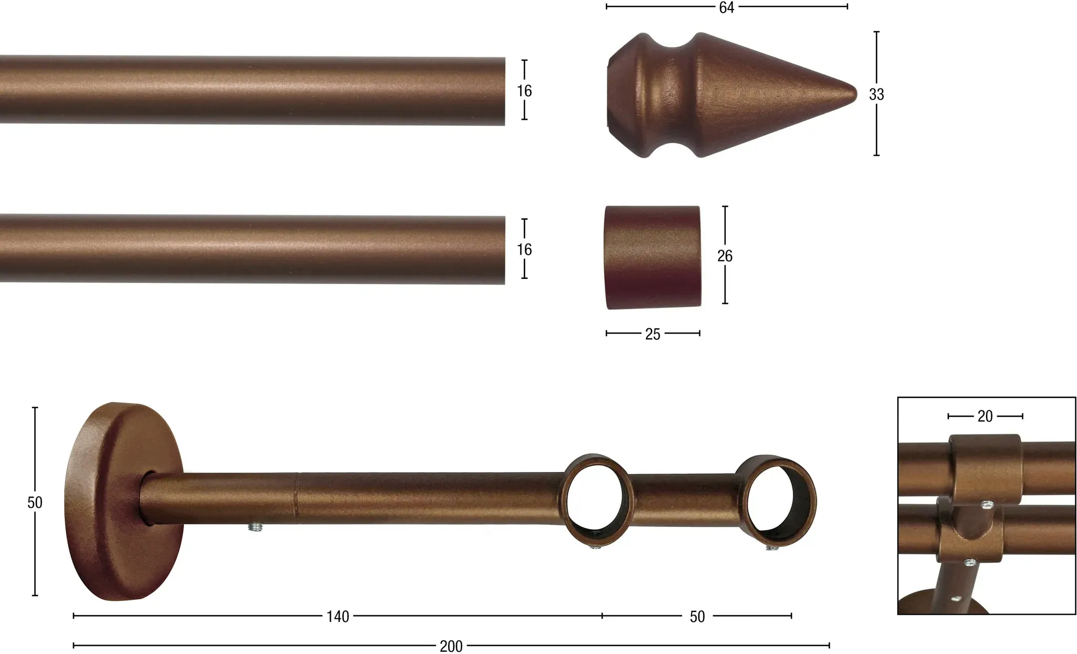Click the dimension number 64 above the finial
click(x=726, y=7)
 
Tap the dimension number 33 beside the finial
click(x=876, y=94)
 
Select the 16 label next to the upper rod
click(x=524, y=91)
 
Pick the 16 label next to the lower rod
click(x=524, y=249)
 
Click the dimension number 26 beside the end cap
click(x=725, y=256)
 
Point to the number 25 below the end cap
click(x=653, y=334)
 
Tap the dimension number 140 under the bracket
click(x=338, y=617)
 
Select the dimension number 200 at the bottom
click(x=451, y=646)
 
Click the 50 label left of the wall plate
click(x=35, y=502)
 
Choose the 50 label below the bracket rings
click(x=697, y=617)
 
